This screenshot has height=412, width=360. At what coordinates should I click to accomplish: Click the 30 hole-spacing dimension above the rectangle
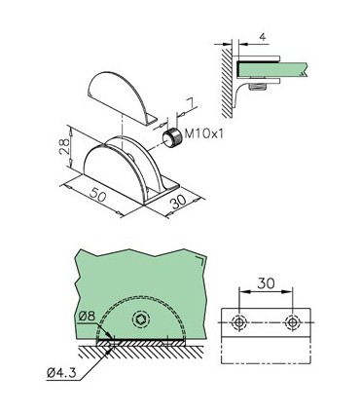click(265, 289)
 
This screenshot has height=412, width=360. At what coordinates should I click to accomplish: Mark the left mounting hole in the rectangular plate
click(239, 322)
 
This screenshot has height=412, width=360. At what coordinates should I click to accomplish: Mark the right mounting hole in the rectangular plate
click(291, 322)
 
